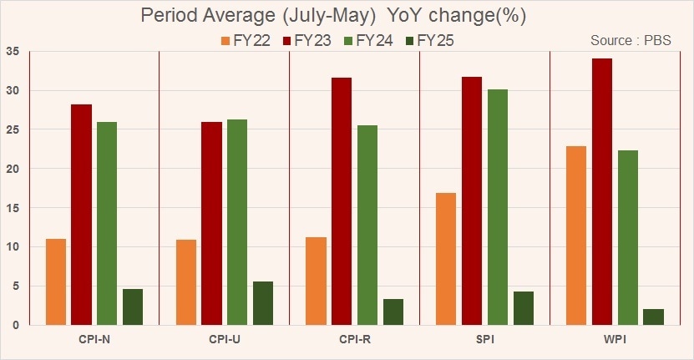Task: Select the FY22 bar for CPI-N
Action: pyautogui.click(x=56, y=282)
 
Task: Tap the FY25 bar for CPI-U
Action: pyautogui.click(x=263, y=303)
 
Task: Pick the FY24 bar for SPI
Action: pyautogui.click(x=498, y=207)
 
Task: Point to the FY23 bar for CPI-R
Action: pyautogui.click(x=342, y=201)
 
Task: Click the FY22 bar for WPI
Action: pyautogui.click(x=575, y=236)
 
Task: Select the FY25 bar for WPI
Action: pyautogui.click(x=654, y=317)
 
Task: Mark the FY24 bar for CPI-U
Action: pyautogui.click(x=237, y=222)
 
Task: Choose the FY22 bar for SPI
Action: pyautogui.click(x=446, y=259)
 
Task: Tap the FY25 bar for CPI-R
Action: pyautogui.click(x=393, y=312)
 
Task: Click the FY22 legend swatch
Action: pyautogui.click(x=225, y=41)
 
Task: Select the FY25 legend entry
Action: pyautogui.click(x=430, y=41)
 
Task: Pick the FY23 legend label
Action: pyautogui.click(x=312, y=41)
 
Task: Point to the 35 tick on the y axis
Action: pyautogui.click(x=13, y=51)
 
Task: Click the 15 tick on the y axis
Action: pyautogui.click(x=13, y=208)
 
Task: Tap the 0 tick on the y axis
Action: pyautogui.click(x=16, y=325)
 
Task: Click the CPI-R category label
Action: pyautogui.click(x=355, y=340)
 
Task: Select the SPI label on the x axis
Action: pyautogui.click(x=485, y=340)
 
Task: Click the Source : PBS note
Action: pyautogui.click(x=631, y=40)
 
